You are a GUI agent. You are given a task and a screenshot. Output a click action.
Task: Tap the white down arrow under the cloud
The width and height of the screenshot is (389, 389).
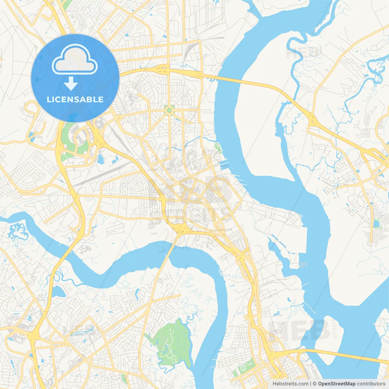pyautogui.click(x=71, y=83)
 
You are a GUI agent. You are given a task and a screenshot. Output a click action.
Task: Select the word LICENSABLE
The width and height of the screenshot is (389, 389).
pyautogui.click(x=75, y=99)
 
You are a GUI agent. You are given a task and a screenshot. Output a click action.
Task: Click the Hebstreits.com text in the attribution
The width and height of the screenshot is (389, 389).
pyautogui.click(x=290, y=384)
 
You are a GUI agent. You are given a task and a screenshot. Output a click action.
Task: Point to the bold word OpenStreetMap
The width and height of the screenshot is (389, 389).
pyautogui.click(x=336, y=384)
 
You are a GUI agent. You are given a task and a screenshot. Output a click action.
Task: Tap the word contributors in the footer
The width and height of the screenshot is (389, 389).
pyautogui.click(x=371, y=384)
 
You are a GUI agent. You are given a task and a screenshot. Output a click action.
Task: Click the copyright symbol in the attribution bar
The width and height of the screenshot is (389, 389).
pyautogui.click(x=315, y=384)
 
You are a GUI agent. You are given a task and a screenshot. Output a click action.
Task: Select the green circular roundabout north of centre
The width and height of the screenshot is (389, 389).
pyautogui.click(x=169, y=110)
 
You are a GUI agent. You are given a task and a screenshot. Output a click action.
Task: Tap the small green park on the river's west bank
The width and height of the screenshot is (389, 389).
pyautogui.click(x=218, y=148)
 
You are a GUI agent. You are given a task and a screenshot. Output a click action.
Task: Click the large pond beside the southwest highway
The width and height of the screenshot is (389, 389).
pyautogui.click(x=59, y=291)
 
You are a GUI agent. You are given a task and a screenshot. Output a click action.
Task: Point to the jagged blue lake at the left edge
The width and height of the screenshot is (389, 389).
pyautogui.click(x=17, y=231)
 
